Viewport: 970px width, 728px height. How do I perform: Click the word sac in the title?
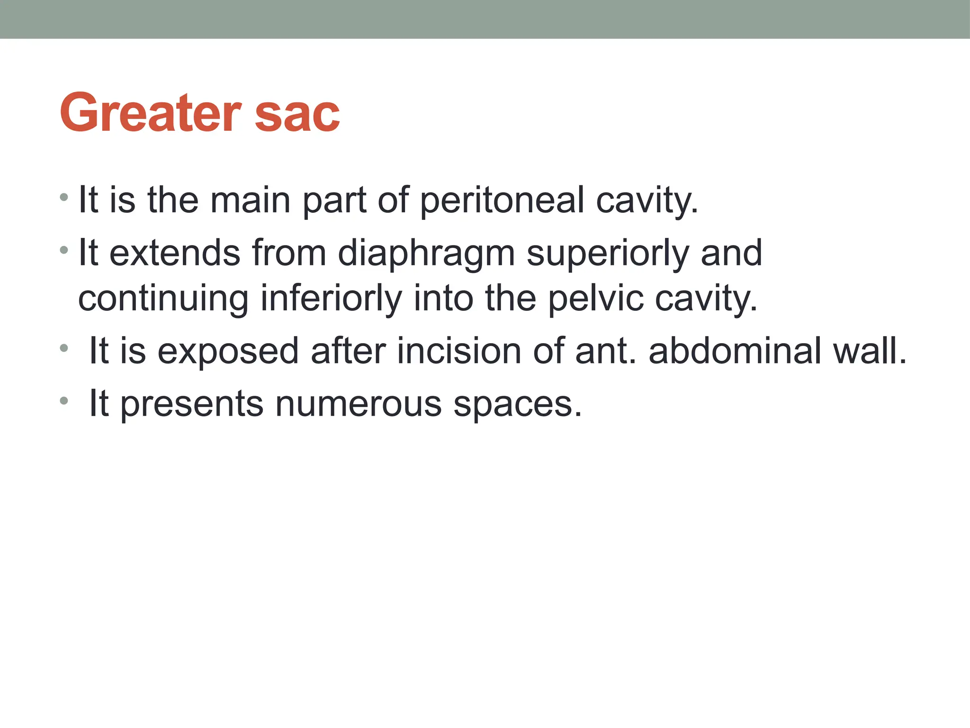(x=297, y=114)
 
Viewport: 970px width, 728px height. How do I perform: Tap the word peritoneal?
(x=502, y=200)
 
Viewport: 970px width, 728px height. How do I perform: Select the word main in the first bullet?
(x=250, y=200)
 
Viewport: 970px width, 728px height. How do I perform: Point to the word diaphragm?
(x=426, y=254)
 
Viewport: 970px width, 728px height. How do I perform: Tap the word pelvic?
(x=596, y=299)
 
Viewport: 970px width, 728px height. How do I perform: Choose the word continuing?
(x=163, y=299)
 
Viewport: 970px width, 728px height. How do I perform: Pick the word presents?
(x=192, y=404)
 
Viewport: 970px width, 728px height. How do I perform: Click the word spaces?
(x=517, y=404)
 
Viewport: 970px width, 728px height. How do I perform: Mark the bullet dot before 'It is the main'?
(x=64, y=196)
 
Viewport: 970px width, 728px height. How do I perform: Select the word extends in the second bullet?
(x=175, y=254)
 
